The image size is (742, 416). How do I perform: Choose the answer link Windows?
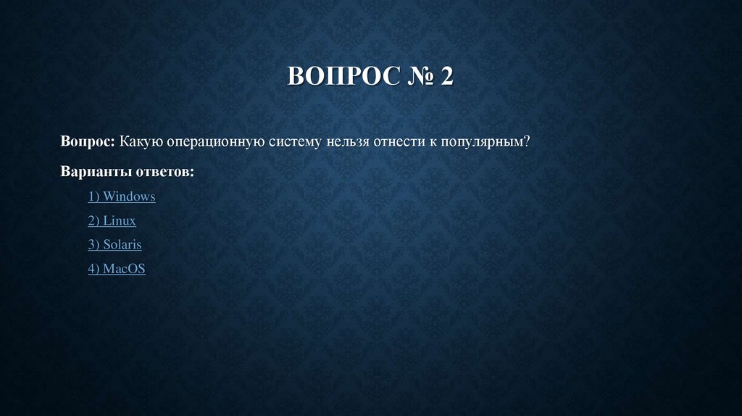coord(129,196)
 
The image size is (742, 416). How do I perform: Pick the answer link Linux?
coord(119,220)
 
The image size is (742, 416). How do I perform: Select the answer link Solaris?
coord(122,244)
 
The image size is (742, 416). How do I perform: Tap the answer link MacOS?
coord(124,269)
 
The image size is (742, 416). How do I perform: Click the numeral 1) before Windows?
coord(93,196)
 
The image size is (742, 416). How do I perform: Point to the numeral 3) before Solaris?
coord(93,244)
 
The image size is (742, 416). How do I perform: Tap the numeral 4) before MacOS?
coord(93,269)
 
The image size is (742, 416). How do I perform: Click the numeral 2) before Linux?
coord(93,220)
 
